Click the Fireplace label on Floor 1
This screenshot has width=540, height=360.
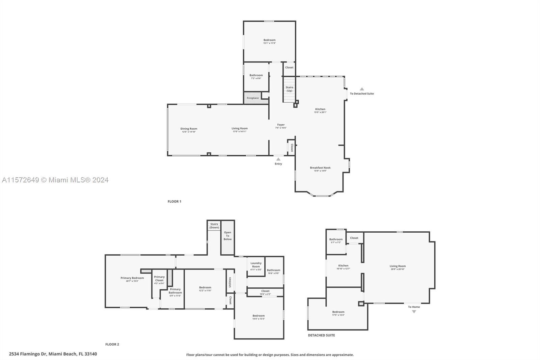click(253, 98)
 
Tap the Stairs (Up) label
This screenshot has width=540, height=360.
click(289, 89)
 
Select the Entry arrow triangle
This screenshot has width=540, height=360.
click(278, 159)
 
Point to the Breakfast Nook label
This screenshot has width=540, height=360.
click(320, 168)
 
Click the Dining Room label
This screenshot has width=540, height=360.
click(189, 129)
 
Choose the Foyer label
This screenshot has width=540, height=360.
click(281, 125)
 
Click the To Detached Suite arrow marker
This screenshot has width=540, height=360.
click(362, 89)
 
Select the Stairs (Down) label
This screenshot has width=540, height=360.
click(214, 226)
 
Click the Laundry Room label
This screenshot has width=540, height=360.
click(256, 265)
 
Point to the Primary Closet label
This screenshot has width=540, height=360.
click(159, 279)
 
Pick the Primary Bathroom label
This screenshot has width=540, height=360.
click(175, 291)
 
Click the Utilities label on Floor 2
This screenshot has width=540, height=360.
click(230, 282)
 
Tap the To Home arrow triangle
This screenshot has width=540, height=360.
click(414, 312)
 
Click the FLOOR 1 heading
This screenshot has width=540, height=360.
click(174, 202)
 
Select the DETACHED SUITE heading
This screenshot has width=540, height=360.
click(321, 335)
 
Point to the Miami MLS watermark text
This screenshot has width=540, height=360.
click(55, 180)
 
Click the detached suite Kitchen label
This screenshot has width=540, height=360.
click(343, 266)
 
